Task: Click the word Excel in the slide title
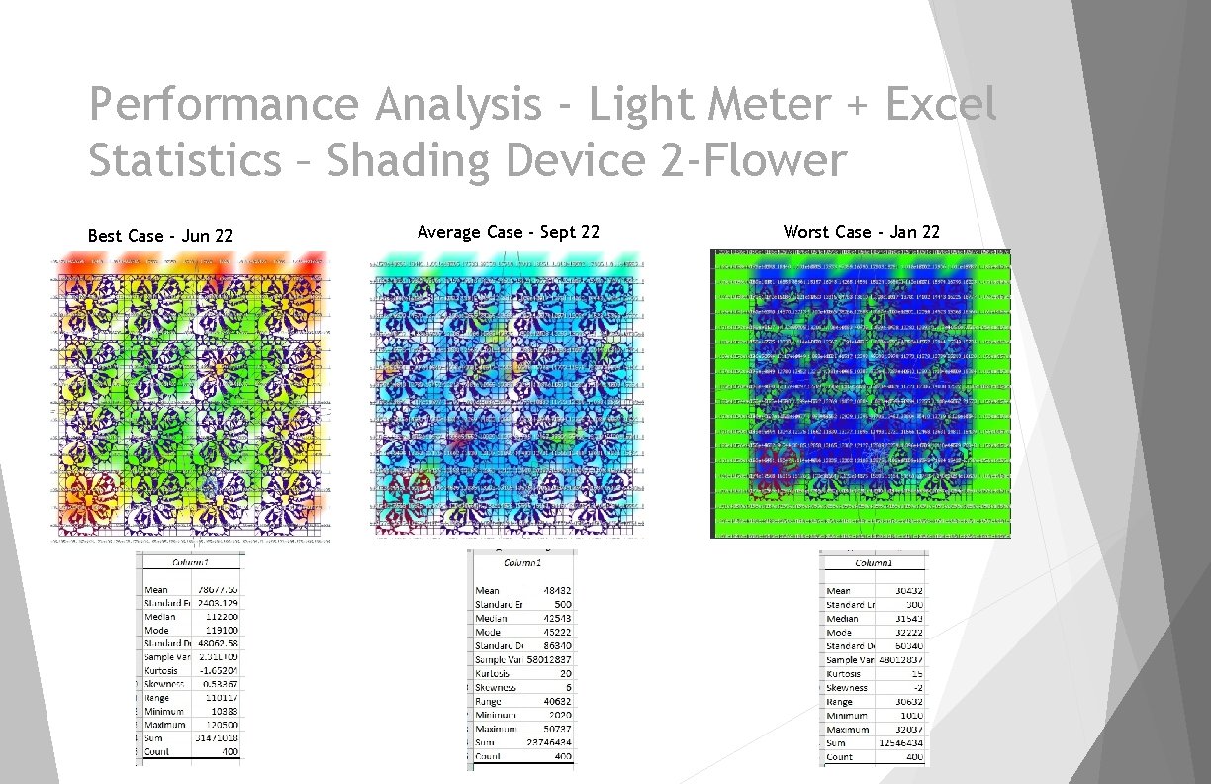tap(940, 104)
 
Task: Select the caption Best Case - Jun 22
tap(160, 236)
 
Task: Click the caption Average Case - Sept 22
tap(509, 232)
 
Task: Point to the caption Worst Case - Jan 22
tap(861, 232)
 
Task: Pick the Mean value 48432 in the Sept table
tap(558, 590)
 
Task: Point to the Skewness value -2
tap(917, 687)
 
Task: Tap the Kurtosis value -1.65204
tap(217, 670)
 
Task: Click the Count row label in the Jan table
tap(839, 756)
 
